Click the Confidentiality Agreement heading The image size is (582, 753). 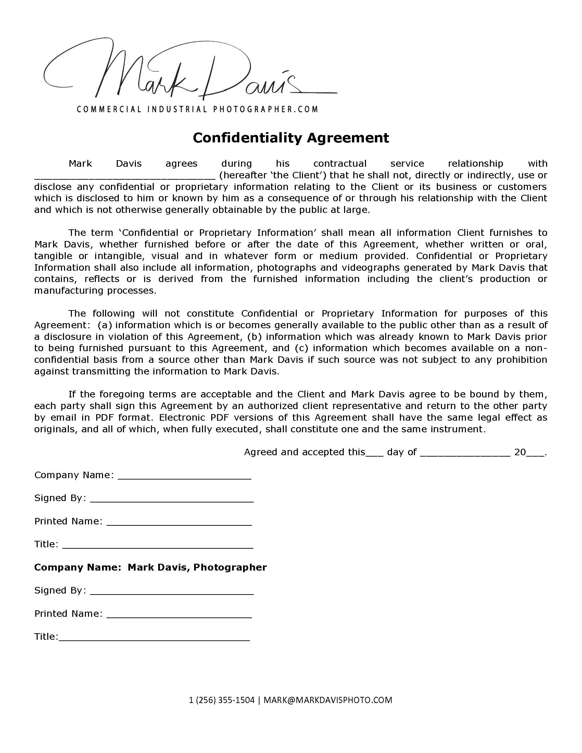pyautogui.click(x=291, y=138)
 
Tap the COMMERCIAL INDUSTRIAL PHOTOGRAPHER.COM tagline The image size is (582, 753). pyautogui.click(x=197, y=109)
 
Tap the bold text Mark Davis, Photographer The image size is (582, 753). pyautogui.click(x=197, y=567)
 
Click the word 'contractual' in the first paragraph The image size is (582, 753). pyautogui.click(x=340, y=163)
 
